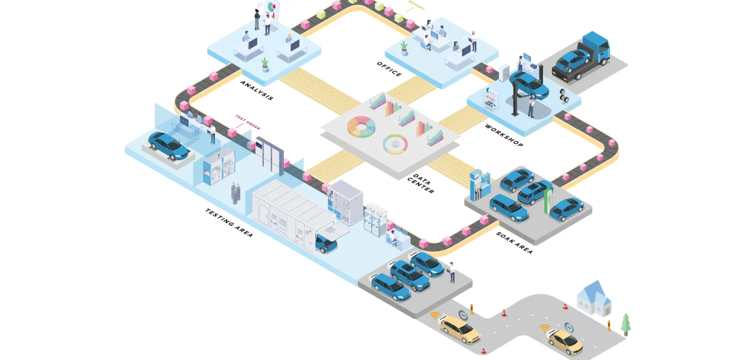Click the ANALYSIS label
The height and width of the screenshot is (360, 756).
click(257, 91)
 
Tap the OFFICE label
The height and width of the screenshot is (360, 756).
click(389, 69)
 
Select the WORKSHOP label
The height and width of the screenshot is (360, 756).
click(504, 135)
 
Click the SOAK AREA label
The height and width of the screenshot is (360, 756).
click(514, 243)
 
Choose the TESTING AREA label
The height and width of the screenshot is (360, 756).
click(229, 223)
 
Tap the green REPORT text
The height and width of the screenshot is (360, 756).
click(417, 6)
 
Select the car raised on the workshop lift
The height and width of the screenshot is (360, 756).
click(529, 85)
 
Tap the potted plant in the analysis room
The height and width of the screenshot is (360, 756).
click(265, 65)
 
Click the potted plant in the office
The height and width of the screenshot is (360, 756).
click(404, 48)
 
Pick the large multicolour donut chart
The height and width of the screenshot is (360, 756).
click(362, 127)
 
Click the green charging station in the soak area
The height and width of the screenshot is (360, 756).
click(548, 200)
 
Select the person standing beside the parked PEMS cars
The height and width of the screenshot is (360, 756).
click(452, 272)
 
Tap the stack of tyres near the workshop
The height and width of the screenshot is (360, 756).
click(564, 95)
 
